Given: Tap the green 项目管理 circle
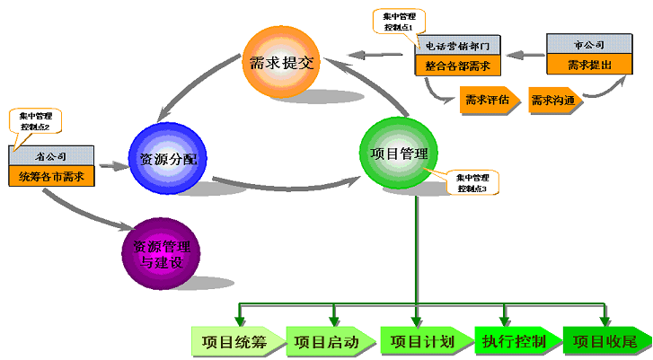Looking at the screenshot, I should point(399,154).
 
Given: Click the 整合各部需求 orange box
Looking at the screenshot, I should point(457,65).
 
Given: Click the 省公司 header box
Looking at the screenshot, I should point(51,157).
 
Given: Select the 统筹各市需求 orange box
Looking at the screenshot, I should point(51,176).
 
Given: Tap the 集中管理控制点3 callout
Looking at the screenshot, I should point(472,183).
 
